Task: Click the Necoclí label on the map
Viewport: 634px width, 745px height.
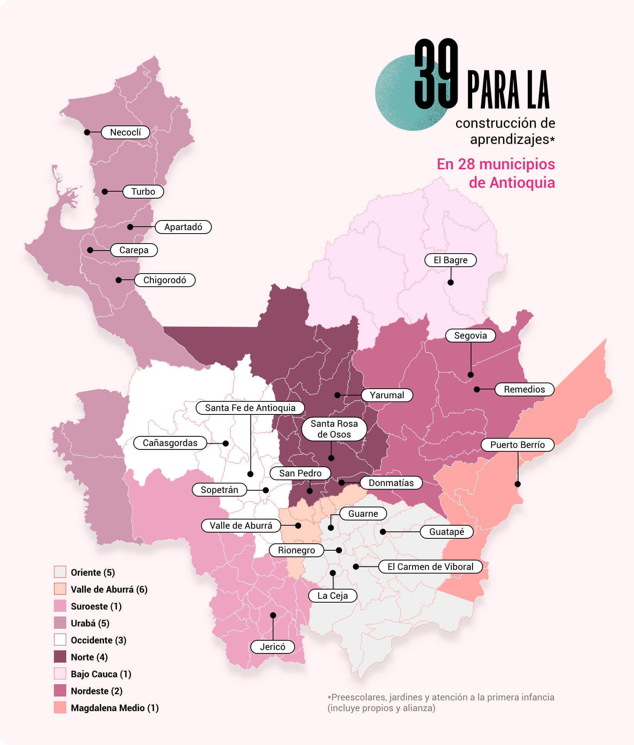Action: [125, 132]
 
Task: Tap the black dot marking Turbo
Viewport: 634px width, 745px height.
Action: [105, 192]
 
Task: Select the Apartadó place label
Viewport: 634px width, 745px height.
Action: [183, 227]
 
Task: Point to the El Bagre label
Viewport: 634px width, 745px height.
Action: [450, 260]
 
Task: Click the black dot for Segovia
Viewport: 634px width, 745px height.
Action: [471, 375]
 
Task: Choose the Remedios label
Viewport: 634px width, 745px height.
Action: [524, 389]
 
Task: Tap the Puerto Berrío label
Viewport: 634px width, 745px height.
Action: [517, 445]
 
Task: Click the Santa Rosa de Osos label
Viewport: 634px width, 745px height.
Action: [334, 429]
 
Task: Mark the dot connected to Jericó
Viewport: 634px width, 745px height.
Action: [273, 615]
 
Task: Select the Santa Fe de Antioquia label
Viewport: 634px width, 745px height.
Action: [250, 408]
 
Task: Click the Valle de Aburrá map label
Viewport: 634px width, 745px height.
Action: [241, 526]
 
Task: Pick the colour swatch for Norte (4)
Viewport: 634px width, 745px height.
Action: [60, 657]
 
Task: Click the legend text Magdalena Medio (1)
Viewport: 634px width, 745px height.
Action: [114, 708]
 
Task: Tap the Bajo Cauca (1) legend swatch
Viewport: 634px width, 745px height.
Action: [60, 674]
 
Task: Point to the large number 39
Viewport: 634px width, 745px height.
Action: [436, 74]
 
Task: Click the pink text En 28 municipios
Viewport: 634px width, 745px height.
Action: [496, 164]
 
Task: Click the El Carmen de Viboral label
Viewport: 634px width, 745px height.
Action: [430, 567]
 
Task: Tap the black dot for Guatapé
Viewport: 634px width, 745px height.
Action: [383, 532]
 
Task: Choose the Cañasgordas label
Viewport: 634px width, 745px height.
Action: [170, 443]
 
